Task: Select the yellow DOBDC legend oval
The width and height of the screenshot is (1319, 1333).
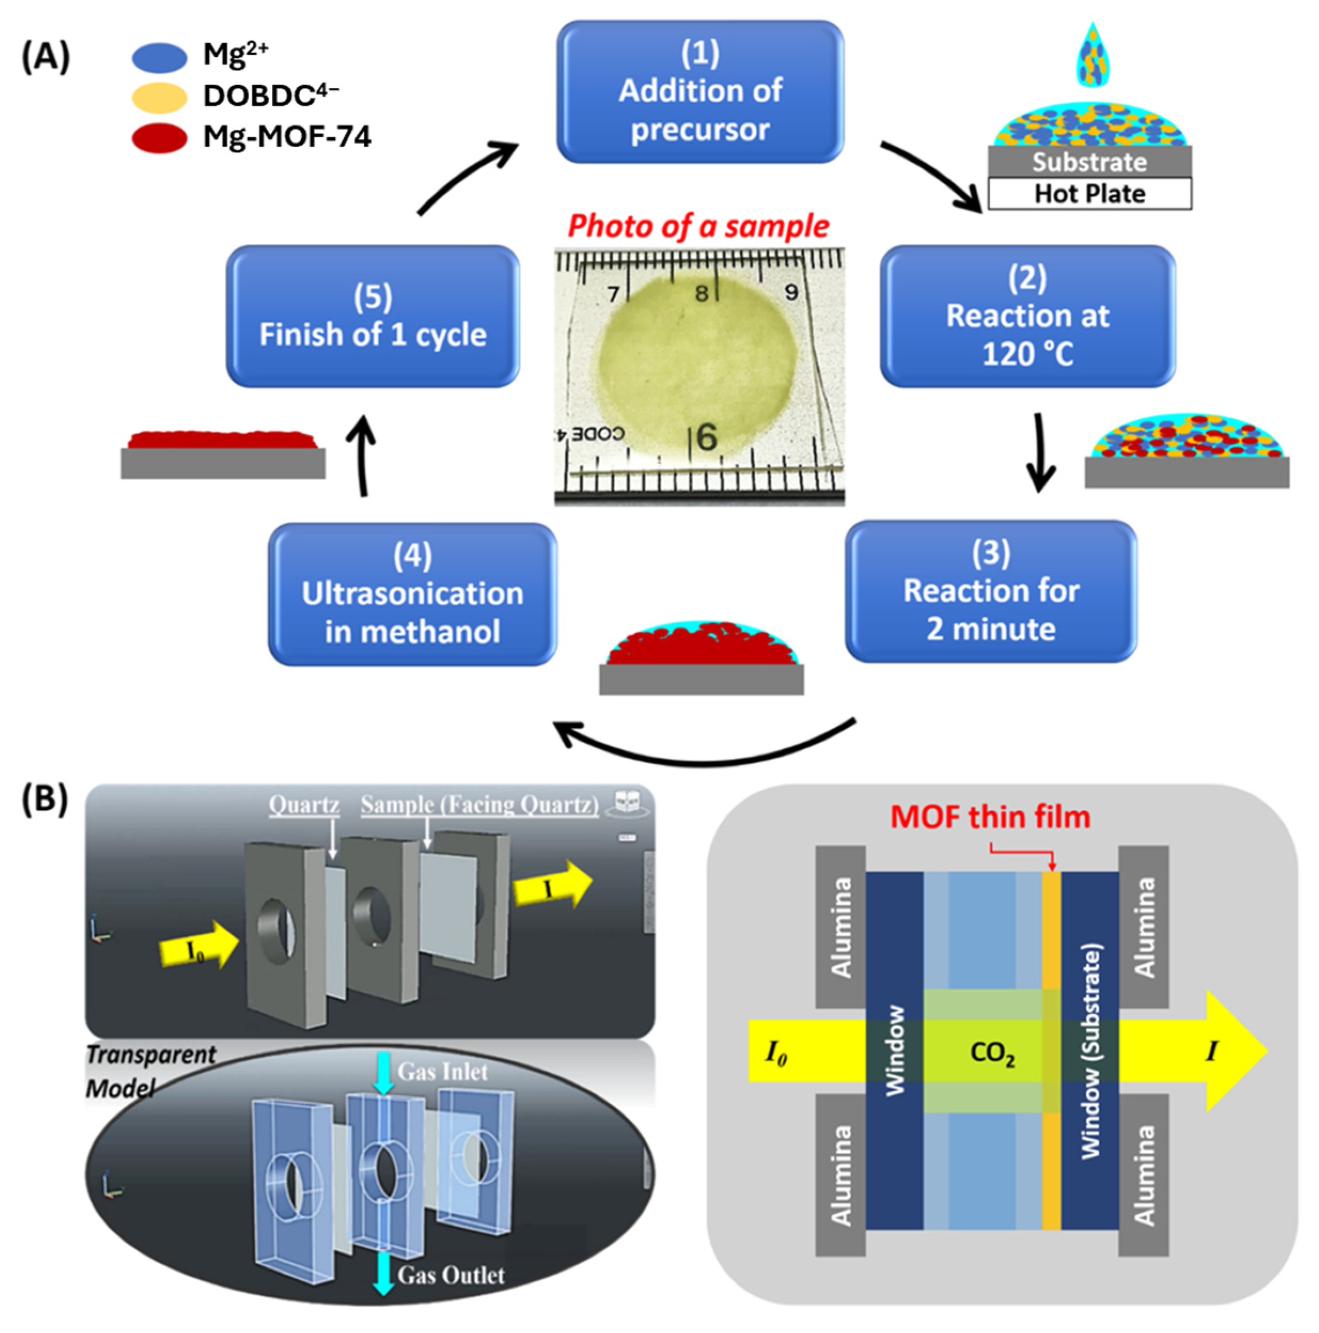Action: coord(159,97)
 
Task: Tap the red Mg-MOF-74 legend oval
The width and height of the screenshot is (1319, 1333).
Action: coord(159,138)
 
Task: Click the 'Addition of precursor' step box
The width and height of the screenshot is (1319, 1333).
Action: coord(700,92)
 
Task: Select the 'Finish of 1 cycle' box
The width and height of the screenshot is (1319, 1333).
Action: coord(373,316)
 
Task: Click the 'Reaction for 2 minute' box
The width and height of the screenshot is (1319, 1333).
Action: coord(990,591)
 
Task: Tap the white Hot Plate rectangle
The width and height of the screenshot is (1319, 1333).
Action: coord(1089,194)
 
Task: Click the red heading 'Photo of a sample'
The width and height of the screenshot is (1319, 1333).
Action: coord(697,226)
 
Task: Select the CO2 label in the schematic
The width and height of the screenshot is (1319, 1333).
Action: coord(991,1052)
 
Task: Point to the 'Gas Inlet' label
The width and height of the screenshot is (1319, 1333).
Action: coord(442,1071)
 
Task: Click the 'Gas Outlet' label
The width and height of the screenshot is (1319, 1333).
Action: coord(451,1275)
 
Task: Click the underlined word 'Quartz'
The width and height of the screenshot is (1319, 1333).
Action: coord(303,804)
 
